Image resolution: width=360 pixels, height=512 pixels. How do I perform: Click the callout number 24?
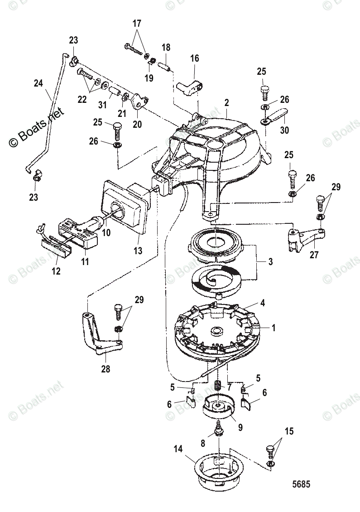point(38,83)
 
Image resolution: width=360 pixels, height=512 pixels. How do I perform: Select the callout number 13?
point(137,251)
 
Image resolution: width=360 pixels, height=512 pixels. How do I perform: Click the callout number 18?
point(166,47)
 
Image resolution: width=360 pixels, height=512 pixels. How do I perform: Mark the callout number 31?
point(103,105)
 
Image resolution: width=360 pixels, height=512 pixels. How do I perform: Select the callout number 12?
point(56,271)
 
